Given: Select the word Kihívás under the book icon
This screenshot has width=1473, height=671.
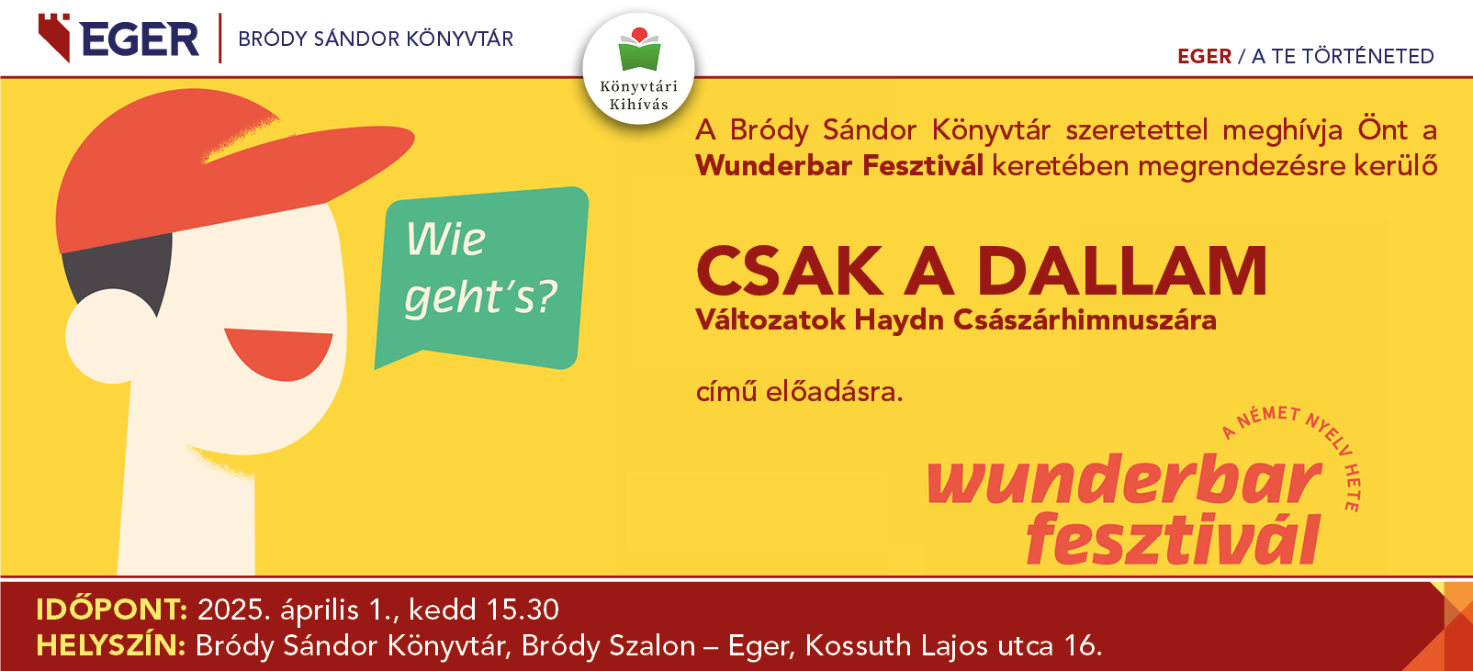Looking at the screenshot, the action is tap(638, 105).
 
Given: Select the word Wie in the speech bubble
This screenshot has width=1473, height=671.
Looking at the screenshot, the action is tap(445, 240).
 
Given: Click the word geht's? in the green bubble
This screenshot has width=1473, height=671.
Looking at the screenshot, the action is tap(480, 297).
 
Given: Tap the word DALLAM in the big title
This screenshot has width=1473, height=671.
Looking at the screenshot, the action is tap(1121, 272).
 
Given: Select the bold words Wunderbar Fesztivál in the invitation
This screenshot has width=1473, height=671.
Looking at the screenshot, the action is tap(839, 165).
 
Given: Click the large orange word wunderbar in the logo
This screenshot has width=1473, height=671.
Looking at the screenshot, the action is tap(1124, 479).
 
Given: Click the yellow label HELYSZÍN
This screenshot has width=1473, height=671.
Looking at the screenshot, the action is tap(110, 645).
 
